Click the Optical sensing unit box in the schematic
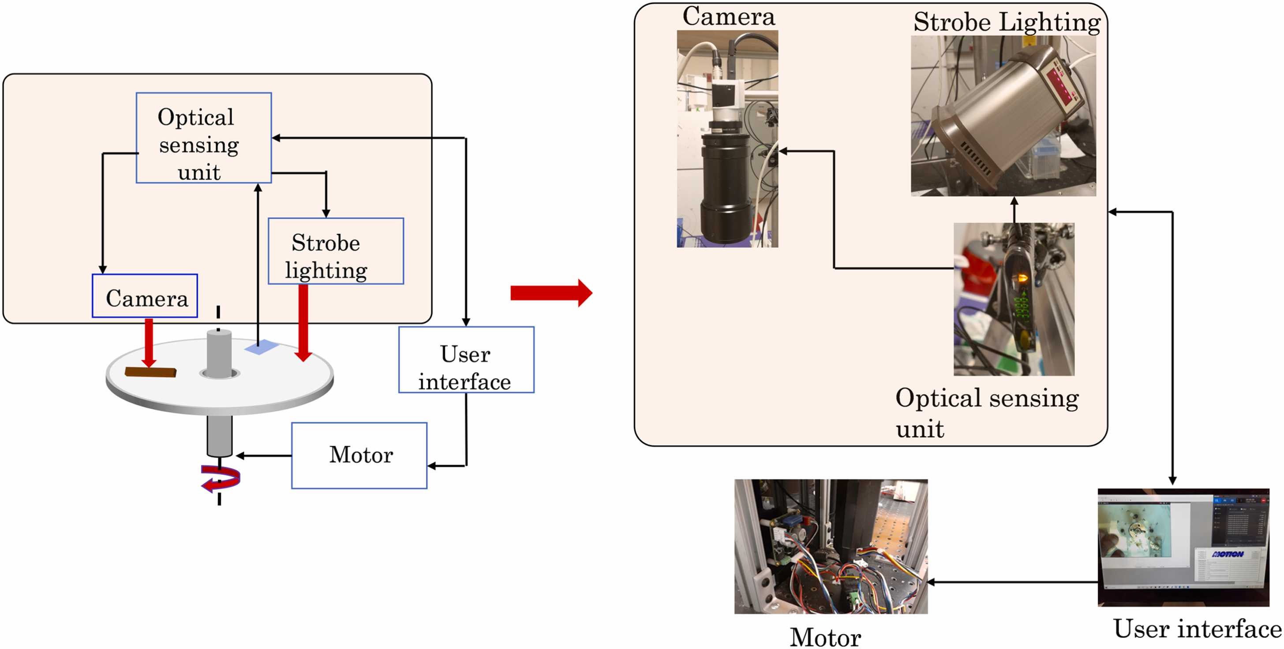click(203, 138)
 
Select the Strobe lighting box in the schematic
click(336, 251)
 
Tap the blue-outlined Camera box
click(145, 296)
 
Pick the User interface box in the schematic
click(466, 360)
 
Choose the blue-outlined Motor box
click(359, 455)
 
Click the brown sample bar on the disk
click(150, 372)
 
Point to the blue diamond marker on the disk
click(261, 347)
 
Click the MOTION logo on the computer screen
click(1227, 554)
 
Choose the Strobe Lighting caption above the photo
click(1007, 22)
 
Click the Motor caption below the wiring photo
click(825, 637)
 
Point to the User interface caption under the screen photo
click(1197, 629)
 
